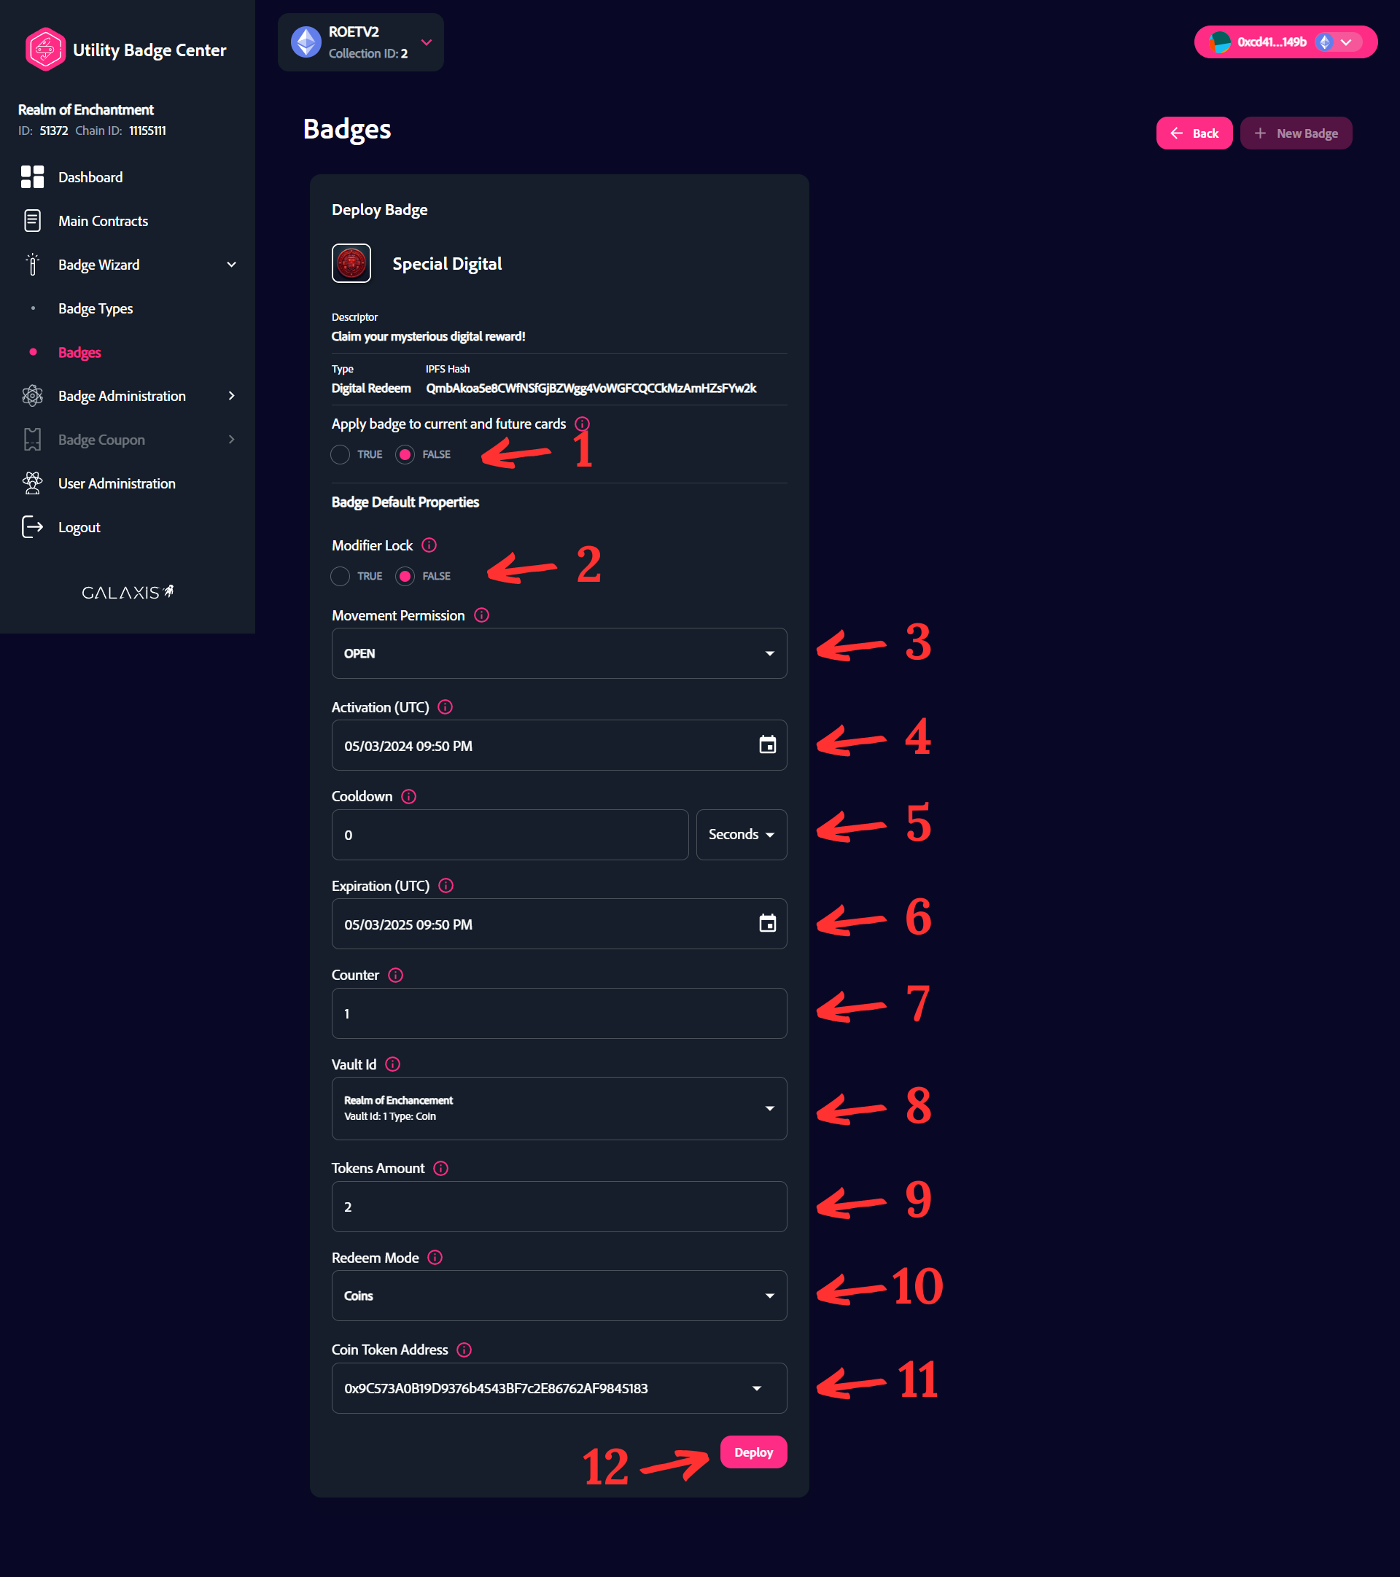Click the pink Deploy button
click(752, 1452)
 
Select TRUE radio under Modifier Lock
click(341, 576)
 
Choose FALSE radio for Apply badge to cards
click(405, 454)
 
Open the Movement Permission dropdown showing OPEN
click(559, 653)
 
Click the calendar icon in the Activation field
click(767, 745)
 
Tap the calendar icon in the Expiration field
click(767, 924)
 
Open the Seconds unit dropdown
click(741, 835)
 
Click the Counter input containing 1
click(559, 1013)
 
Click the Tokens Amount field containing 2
click(559, 1207)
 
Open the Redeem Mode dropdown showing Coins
click(559, 1296)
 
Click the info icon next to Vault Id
click(393, 1064)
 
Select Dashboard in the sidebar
click(90, 177)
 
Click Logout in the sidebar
click(79, 528)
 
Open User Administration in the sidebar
click(117, 484)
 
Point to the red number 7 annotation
click(917, 1004)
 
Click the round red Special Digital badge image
click(351, 264)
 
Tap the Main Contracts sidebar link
click(103, 222)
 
